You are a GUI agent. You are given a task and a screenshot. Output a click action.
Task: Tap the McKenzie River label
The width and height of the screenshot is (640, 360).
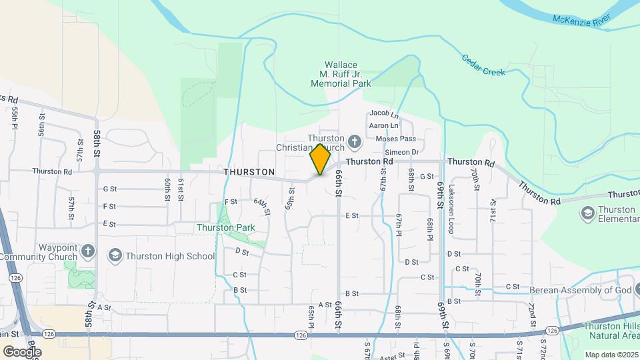(x=581, y=19)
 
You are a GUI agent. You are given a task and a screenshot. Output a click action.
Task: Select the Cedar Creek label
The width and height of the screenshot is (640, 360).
(x=483, y=65)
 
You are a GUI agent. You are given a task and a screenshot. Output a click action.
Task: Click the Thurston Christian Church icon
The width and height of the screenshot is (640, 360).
(x=355, y=141)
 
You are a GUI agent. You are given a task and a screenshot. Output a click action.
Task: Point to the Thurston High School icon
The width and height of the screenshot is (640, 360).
(x=115, y=256)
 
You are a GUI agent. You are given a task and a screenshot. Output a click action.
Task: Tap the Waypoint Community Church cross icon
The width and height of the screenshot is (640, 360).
(x=89, y=251)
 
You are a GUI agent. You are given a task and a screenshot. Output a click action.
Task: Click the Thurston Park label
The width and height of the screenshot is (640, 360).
(x=226, y=227)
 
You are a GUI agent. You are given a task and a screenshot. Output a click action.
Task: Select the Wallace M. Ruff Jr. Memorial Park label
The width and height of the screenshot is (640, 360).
(x=341, y=75)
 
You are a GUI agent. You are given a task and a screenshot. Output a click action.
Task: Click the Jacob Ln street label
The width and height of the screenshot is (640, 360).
(x=383, y=114)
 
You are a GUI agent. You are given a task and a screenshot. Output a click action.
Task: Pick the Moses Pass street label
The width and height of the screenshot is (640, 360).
(x=395, y=139)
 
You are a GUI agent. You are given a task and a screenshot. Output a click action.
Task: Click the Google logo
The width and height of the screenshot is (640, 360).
(x=21, y=351)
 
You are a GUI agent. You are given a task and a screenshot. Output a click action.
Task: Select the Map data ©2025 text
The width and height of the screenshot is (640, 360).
(x=611, y=355)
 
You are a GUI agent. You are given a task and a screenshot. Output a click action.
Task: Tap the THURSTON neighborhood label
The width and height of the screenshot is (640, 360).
(x=249, y=172)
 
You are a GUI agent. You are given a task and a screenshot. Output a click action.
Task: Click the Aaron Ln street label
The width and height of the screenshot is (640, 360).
(x=383, y=125)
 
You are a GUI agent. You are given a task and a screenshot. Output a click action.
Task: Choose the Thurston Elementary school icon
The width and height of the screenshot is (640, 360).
(x=587, y=213)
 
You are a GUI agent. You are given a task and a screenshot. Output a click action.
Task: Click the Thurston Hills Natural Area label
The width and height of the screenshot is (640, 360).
(x=611, y=331)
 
